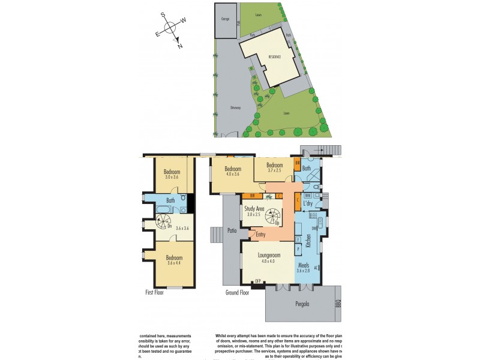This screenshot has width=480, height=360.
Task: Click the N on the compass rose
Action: point(180,46)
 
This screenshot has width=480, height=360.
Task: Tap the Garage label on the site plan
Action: point(225,19)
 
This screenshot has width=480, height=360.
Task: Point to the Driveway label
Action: point(235,108)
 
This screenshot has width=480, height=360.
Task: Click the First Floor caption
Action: point(154,292)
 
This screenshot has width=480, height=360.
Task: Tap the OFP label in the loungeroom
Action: point(259,281)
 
